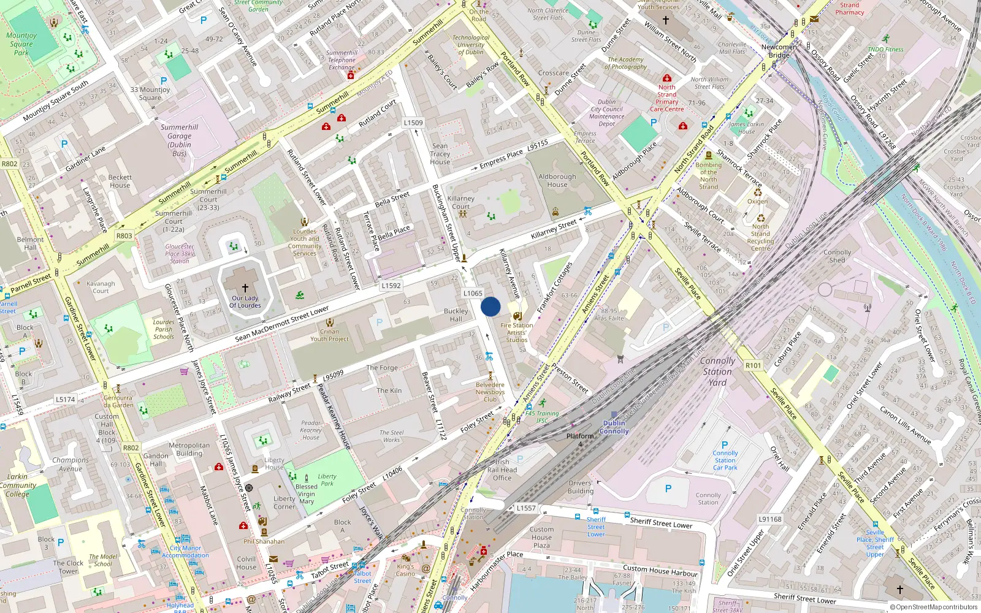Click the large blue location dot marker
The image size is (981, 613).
coord(490,306)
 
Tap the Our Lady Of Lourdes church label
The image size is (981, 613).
coord(245,302)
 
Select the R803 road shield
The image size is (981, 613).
coord(124,235)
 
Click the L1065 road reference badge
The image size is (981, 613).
coord(473,294)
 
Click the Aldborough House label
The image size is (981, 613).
coord(557,180)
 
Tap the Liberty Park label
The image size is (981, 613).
coord(327,480)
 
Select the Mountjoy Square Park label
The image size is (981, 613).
coord(21,44)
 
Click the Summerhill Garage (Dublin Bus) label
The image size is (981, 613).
coord(179,140)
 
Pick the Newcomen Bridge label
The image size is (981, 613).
coord(779,51)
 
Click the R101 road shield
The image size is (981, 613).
coord(753,365)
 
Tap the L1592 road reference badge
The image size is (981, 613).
coord(391,286)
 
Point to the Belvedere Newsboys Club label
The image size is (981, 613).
coord(490,392)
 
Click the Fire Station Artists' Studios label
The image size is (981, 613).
coord(516,333)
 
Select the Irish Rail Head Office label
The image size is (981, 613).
coord(502,470)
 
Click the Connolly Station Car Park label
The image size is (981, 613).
coord(725,460)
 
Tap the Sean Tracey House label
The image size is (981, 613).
coord(440,154)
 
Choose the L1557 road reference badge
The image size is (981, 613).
coord(525,508)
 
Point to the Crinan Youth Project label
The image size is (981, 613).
coord(329,335)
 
